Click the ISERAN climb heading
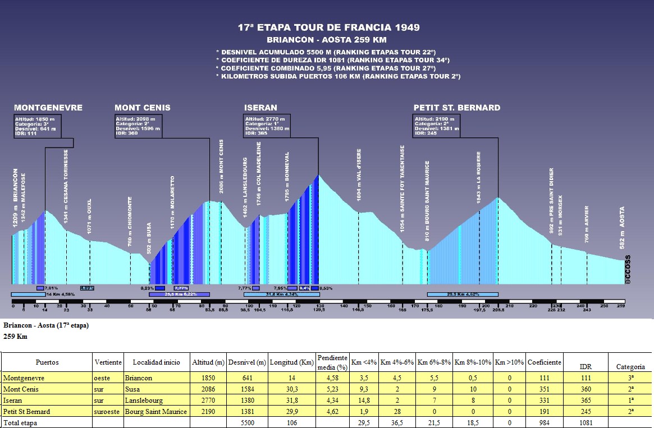point(260,108)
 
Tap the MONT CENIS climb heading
point(143,108)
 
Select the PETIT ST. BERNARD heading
point(456,108)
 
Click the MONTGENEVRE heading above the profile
point(48,108)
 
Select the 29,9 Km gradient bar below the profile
point(463,294)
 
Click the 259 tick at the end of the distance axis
point(621,306)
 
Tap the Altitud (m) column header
point(208,362)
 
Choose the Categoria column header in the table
point(630,367)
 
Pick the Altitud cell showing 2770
point(208,400)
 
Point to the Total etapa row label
point(20,422)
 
